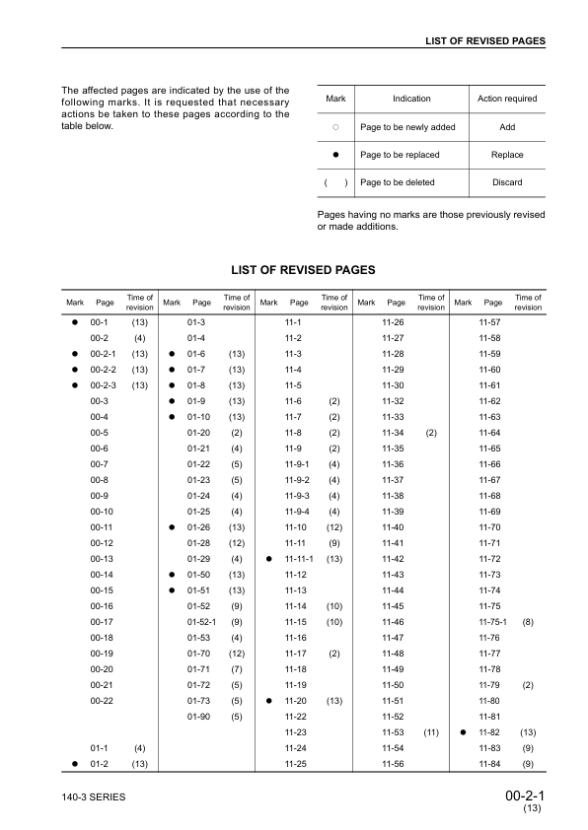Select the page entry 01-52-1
click(x=201, y=622)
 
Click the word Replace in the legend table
click(x=507, y=155)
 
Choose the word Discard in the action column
click(x=507, y=182)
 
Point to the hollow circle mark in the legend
click(x=335, y=127)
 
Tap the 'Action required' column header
click(x=507, y=99)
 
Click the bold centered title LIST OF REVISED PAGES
click(x=302, y=269)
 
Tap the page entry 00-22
click(x=102, y=700)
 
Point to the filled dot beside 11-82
click(x=463, y=732)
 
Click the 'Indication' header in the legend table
click(x=411, y=99)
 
